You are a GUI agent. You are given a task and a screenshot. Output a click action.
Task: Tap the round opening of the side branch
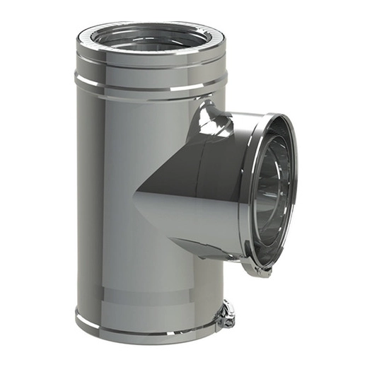272,191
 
